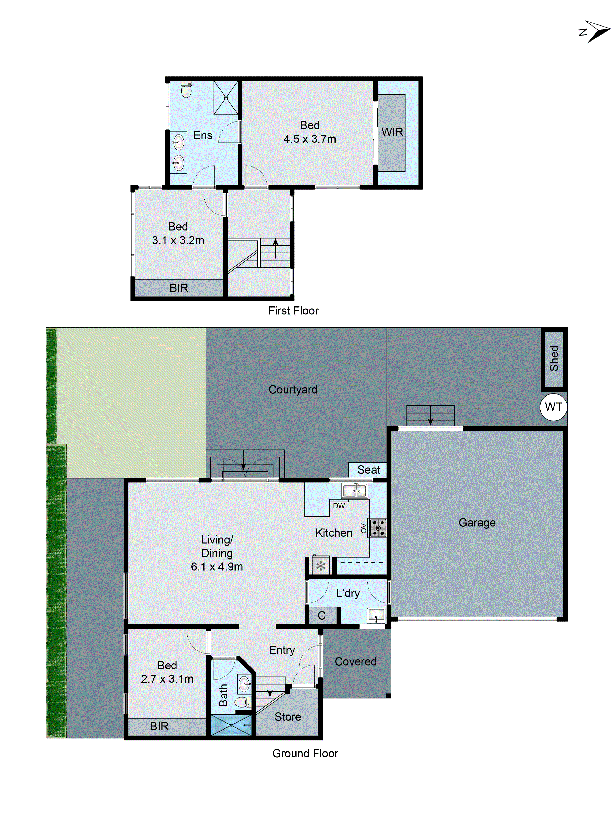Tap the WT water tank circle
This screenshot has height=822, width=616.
(x=553, y=407)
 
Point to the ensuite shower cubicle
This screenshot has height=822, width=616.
(x=226, y=98)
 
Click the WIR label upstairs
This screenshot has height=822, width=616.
(x=392, y=132)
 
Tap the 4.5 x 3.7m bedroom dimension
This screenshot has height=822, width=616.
(x=310, y=139)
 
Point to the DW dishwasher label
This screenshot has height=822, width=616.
(x=339, y=506)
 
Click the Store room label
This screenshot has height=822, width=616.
(x=288, y=717)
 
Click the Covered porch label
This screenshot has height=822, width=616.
(x=355, y=661)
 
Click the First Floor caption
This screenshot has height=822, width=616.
(x=293, y=311)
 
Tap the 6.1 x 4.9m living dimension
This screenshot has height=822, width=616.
(x=217, y=567)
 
